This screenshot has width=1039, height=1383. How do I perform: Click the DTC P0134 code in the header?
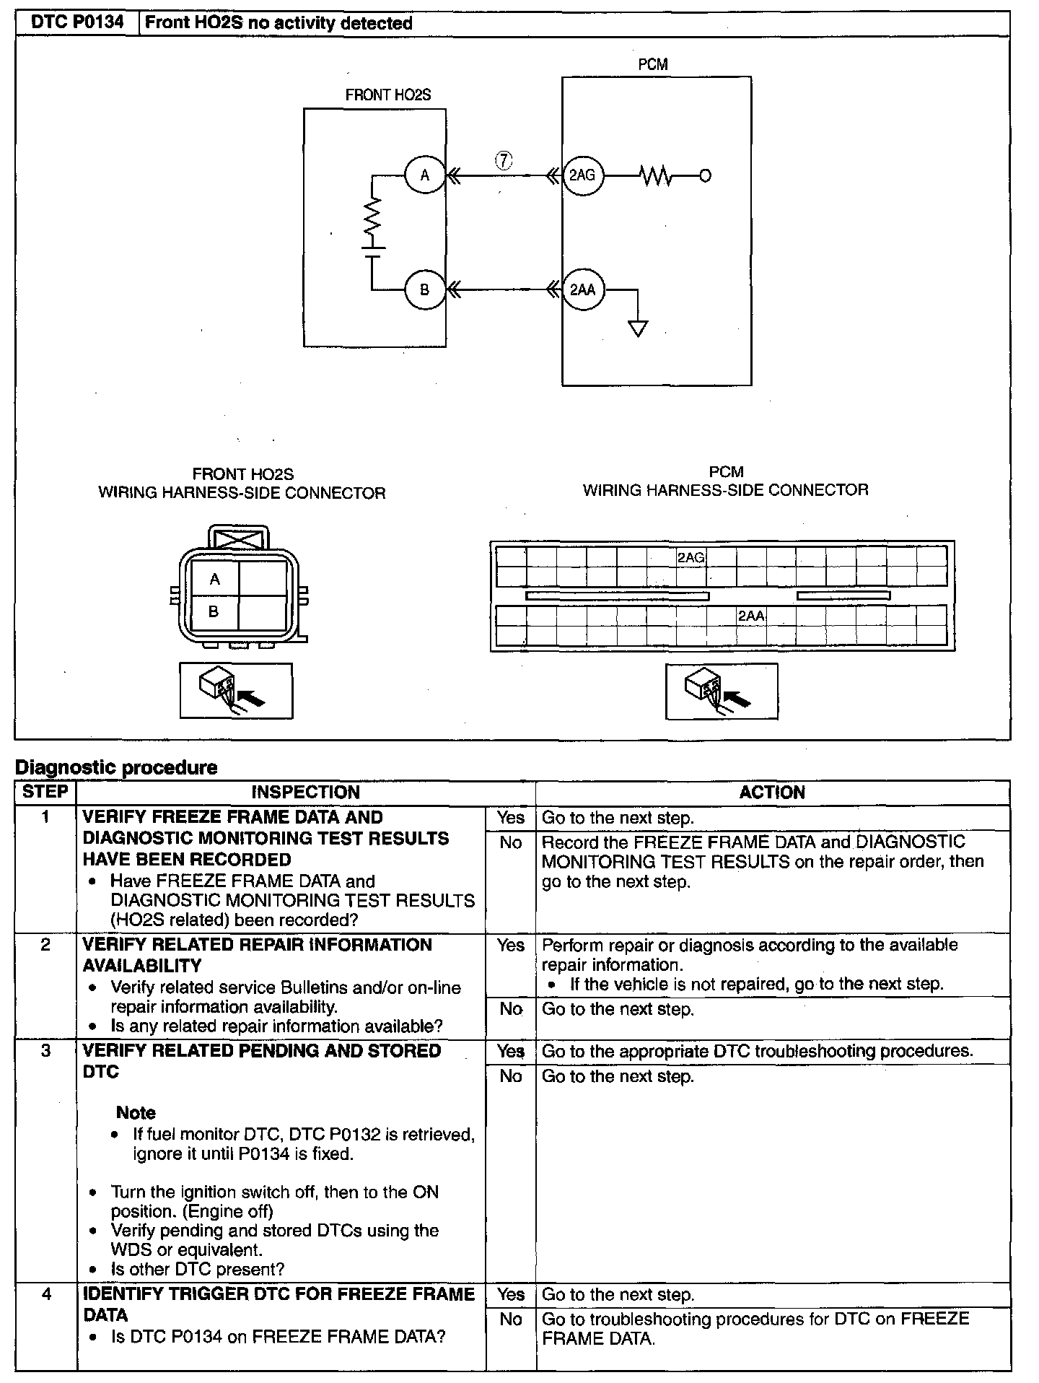77,22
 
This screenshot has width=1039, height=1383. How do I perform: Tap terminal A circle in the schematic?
425,175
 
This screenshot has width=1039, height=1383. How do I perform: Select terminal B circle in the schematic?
425,289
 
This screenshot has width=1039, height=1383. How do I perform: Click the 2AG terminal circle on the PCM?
582,175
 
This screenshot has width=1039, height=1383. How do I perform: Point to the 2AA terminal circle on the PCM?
583,289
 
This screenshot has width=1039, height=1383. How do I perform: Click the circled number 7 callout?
504,160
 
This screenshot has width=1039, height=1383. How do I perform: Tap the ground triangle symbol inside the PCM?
638,328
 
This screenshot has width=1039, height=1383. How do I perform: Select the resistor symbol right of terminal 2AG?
656,175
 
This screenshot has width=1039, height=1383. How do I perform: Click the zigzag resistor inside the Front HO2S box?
372,217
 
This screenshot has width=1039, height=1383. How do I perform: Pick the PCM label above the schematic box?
653,64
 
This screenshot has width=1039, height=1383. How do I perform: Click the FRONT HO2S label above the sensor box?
387,95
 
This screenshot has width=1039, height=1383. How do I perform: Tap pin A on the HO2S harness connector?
214,579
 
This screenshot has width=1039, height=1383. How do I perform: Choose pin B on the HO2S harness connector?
214,612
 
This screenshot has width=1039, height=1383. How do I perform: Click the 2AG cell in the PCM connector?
691,557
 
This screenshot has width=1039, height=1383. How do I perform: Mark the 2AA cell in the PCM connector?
751,616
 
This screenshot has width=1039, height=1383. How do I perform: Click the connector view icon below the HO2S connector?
236,691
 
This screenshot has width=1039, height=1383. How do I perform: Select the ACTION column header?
772,792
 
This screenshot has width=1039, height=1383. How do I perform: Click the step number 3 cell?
45,1051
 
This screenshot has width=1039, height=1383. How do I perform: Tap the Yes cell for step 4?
511,1294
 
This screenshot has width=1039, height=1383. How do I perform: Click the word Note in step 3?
136,1112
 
